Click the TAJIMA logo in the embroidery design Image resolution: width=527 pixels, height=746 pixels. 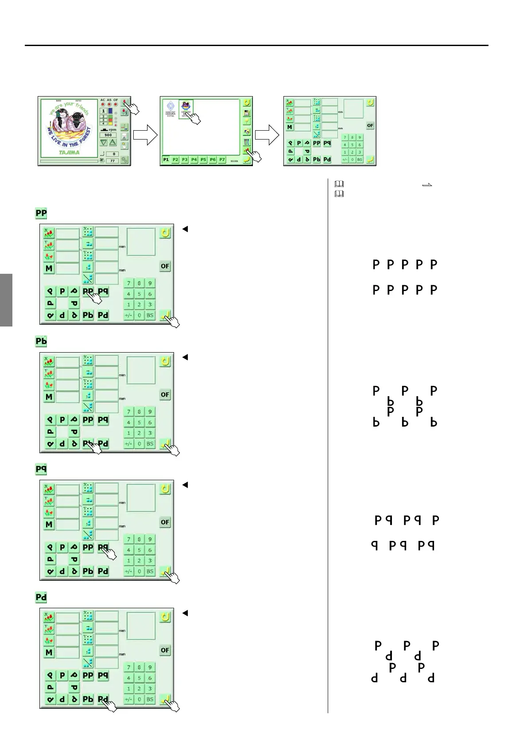click(x=70, y=152)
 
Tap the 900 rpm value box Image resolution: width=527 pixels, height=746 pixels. click(x=108, y=135)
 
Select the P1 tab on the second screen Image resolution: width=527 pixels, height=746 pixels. click(x=166, y=160)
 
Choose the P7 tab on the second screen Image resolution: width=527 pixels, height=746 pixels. click(x=222, y=160)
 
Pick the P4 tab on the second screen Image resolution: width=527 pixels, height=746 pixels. click(x=194, y=160)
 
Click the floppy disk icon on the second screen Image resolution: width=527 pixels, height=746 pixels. click(x=247, y=113)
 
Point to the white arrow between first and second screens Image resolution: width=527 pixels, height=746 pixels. click(x=145, y=135)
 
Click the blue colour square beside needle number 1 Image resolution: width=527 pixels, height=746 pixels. click(x=110, y=111)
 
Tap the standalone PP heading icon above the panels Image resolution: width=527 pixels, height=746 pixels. click(x=41, y=213)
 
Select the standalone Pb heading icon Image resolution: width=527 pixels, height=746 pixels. click(x=41, y=341)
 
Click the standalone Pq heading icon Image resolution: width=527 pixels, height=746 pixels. click(x=41, y=469)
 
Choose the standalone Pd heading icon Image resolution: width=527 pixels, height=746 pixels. click(x=41, y=597)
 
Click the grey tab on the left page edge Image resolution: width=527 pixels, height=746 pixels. click(x=6, y=300)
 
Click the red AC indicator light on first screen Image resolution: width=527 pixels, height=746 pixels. click(x=103, y=105)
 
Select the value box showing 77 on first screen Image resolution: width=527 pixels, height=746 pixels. click(x=112, y=161)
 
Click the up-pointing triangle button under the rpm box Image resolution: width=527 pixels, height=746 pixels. click(x=112, y=143)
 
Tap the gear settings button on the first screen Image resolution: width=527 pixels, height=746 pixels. click(x=124, y=160)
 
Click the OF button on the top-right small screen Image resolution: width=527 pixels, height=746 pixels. click(x=370, y=126)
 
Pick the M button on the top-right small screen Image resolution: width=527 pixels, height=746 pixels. click(x=290, y=128)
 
